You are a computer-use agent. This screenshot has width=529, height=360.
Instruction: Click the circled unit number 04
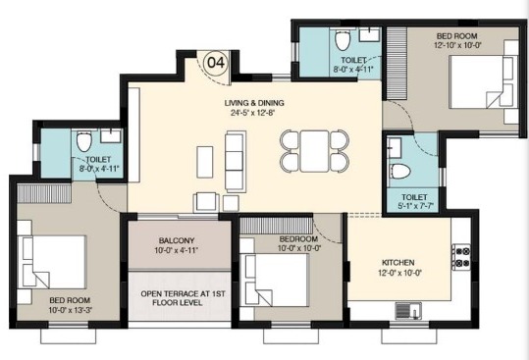click(216, 63)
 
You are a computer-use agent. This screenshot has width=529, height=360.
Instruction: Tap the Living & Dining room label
click(254, 103)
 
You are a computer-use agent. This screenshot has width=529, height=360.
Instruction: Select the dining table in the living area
click(314, 151)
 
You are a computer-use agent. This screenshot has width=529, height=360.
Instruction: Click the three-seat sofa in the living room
click(236, 161)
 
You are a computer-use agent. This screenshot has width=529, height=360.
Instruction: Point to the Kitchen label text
click(398, 263)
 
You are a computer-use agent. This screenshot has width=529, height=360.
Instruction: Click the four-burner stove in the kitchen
click(461, 257)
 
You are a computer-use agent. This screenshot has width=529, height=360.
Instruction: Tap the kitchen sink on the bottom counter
click(408, 310)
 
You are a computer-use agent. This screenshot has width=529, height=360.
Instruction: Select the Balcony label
click(177, 240)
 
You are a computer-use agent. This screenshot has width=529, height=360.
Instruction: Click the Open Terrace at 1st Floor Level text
click(183, 298)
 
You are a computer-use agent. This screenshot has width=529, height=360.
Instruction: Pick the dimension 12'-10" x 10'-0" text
click(457, 45)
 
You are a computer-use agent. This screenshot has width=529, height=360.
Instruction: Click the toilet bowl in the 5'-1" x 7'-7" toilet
click(400, 172)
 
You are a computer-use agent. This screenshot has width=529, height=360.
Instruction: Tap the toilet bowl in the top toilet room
click(343, 40)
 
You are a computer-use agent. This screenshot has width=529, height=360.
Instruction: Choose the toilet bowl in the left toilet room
click(84, 141)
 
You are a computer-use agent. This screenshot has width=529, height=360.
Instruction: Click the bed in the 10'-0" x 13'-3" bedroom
click(54, 262)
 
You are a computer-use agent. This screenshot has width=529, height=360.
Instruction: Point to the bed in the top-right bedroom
click(483, 82)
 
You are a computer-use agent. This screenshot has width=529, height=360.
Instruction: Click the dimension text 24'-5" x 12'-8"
click(251, 113)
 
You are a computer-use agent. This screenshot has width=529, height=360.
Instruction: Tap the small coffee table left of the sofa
click(205, 162)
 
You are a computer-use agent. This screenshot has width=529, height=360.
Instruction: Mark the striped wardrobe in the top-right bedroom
click(397, 63)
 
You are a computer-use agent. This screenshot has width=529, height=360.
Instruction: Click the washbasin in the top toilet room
click(369, 34)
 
